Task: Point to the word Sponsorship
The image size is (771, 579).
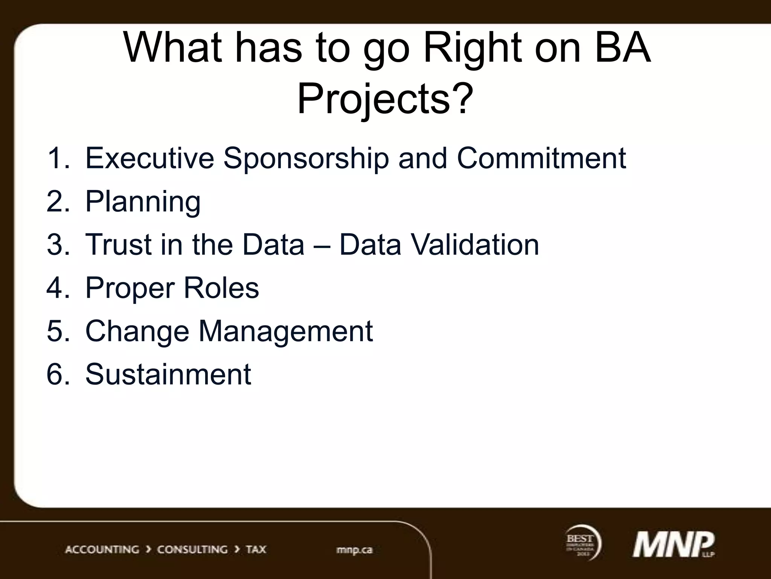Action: click(x=306, y=158)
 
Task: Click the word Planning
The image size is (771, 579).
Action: click(x=143, y=202)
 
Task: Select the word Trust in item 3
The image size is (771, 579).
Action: click(x=118, y=245)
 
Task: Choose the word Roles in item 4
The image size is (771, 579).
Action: click(x=221, y=288)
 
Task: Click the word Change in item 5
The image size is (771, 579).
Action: click(x=137, y=331)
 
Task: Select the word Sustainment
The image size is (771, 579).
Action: click(x=168, y=374)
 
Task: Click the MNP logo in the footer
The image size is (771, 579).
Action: click(x=673, y=545)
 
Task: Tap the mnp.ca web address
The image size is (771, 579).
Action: click(x=354, y=550)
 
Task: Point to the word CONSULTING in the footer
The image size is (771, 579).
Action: click(x=192, y=550)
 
